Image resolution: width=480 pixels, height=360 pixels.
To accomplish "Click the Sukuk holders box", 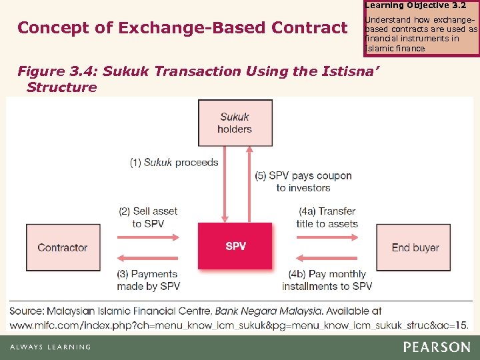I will pos(235,123).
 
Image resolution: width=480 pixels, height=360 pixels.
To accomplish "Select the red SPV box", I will pos(235,246).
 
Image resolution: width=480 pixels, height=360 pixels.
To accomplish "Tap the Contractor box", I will pos(62,247).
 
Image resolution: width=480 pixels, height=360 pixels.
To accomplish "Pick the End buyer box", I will pos(415,247).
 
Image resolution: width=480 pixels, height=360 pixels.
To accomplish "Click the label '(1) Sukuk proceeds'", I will pos(174,162).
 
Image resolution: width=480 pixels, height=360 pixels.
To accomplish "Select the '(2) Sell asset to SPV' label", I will pos(148,217).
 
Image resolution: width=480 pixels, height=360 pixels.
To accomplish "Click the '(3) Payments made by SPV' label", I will pos(147,280).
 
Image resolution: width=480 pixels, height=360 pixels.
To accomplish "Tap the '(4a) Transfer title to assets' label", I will pos(327,217).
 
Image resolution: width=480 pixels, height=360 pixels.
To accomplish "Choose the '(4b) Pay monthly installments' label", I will pos(327,280).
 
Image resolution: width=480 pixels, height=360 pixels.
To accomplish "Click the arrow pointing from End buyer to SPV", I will pos(327,259).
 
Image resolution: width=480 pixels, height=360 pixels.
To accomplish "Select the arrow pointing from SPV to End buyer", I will pos(327,236).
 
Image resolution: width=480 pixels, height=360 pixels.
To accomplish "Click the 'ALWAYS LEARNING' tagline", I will pos(50,347).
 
